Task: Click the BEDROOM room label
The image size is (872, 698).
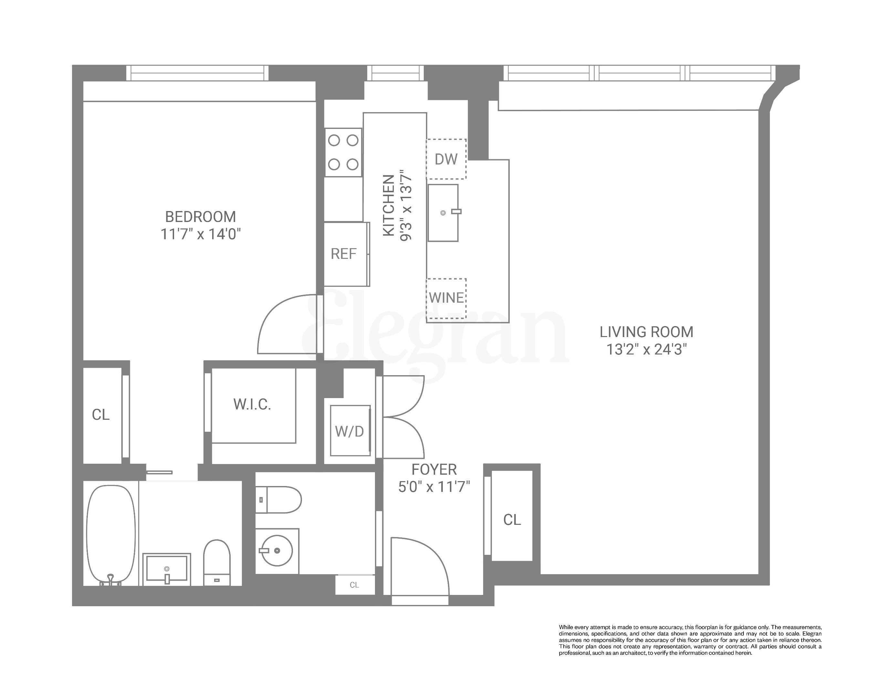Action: tap(201, 217)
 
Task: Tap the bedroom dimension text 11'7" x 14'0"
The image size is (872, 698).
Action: tap(201, 234)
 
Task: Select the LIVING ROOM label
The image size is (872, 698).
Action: tap(646, 332)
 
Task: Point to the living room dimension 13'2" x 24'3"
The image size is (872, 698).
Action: tap(646, 349)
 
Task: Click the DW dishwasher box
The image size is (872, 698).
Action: tap(446, 159)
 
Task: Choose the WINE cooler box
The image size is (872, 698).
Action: tap(446, 298)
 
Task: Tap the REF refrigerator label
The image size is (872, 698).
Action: tap(343, 254)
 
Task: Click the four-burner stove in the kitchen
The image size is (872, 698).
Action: tap(343, 152)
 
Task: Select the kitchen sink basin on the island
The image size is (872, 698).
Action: tap(443, 213)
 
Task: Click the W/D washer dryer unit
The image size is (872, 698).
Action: tap(350, 431)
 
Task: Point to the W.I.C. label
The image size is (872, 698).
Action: tap(252, 404)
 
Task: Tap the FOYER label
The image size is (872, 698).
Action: tap(434, 470)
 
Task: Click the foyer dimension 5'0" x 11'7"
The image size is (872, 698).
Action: tap(434, 487)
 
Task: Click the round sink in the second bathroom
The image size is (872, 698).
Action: tap(277, 550)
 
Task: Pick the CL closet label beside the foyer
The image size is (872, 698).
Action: tap(512, 520)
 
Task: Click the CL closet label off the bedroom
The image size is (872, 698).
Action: tap(101, 414)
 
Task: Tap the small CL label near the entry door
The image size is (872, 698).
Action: tap(354, 585)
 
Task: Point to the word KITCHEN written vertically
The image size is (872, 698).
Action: tap(389, 206)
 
